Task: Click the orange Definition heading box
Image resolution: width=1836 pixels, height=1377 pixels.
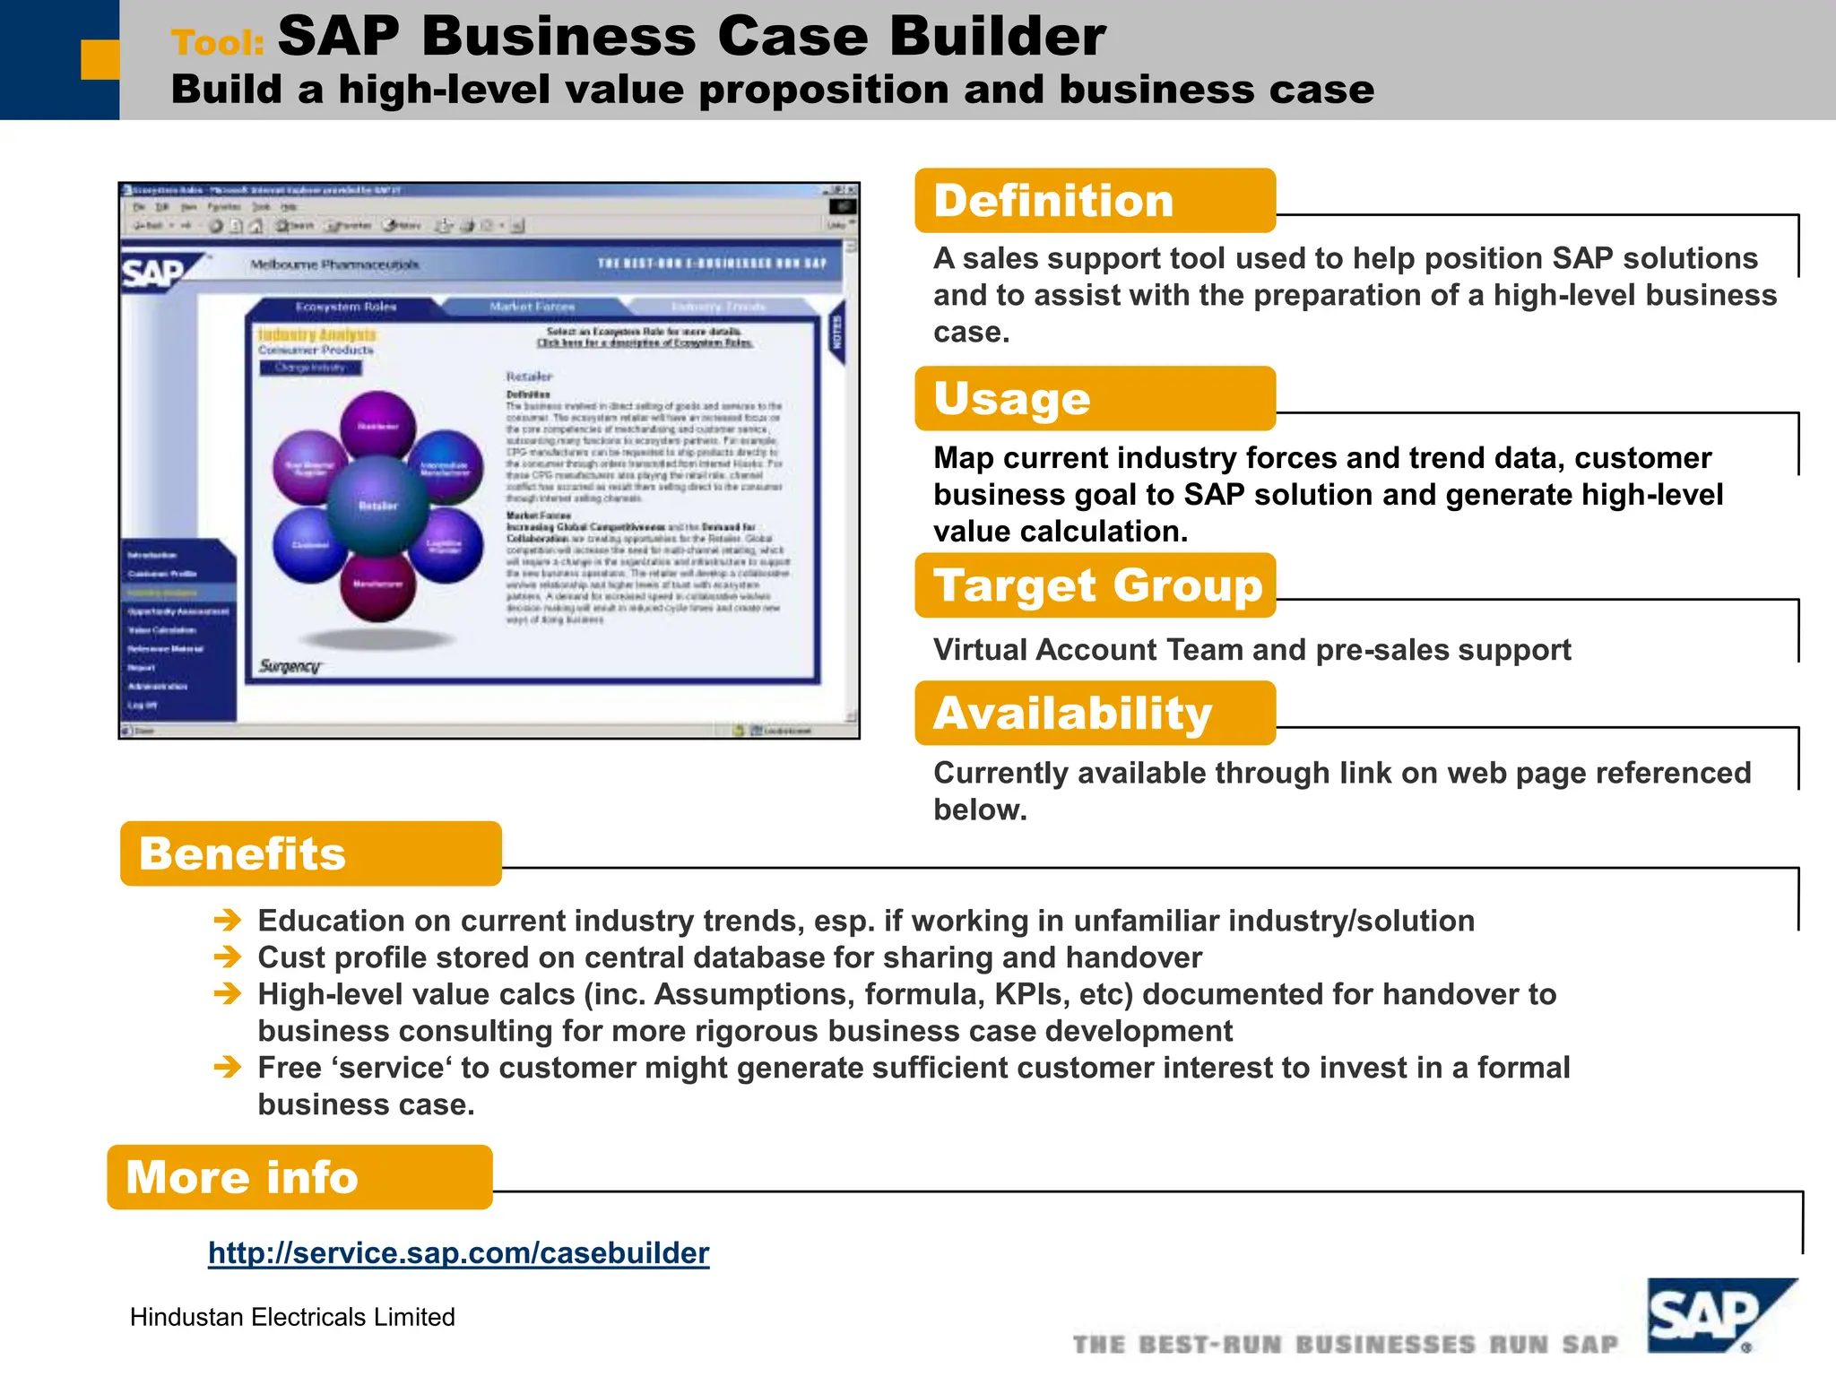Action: click(x=1094, y=201)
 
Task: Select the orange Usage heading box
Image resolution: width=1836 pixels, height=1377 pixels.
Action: click(x=1094, y=399)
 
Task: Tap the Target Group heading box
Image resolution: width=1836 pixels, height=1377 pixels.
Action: click(x=1096, y=585)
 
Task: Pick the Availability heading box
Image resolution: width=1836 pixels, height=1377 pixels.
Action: click(x=1094, y=714)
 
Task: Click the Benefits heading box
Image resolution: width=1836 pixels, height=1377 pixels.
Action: click(x=310, y=853)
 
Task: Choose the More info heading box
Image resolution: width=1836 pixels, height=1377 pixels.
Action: click(x=299, y=1177)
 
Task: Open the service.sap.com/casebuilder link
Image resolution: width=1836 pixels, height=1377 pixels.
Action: click(x=458, y=1252)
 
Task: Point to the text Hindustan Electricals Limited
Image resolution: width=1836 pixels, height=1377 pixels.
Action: click(x=292, y=1317)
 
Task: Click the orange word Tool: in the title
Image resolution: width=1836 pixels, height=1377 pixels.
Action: click(x=218, y=42)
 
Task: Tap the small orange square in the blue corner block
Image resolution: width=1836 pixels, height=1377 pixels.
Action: click(x=100, y=59)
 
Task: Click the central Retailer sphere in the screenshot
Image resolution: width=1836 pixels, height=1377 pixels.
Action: click(x=377, y=505)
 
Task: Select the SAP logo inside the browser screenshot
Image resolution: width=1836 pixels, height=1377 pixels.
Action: click(x=154, y=272)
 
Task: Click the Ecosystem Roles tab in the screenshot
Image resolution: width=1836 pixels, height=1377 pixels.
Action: click(x=346, y=307)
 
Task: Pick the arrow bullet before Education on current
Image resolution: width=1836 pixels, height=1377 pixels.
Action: click(x=228, y=920)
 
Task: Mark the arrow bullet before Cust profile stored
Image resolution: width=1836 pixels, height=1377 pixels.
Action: click(x=228, y=957)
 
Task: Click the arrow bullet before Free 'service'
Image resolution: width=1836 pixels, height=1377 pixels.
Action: click(x=228, y=1067)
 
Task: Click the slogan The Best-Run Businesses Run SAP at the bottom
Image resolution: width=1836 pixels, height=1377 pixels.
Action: click(x=1345, y=1344)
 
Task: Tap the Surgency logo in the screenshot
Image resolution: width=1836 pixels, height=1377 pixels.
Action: click(x=290, y=666)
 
